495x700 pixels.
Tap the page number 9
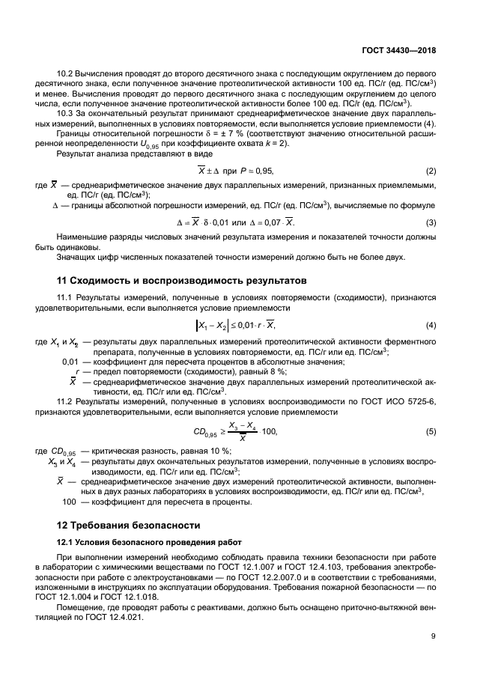click(x=433, y=637)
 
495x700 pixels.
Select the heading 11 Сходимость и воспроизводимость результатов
click(x=182, y=281)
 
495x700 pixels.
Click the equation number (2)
click(x=431, y=171)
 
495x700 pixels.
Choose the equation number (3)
click(x=431, y=223)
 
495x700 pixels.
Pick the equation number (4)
click(x=431, y=324)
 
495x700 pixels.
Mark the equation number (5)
click(x=431, y=431)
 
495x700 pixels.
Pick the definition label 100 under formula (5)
click(x=70, y=502)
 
